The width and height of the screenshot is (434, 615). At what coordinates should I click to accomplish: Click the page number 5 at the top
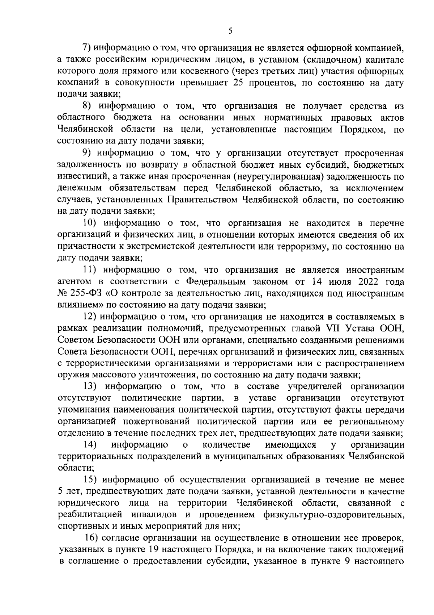pos(230,32)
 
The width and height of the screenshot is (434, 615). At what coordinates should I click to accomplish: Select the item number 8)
pos(88,106)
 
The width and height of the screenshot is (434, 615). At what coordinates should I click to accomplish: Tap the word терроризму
pos(307,247)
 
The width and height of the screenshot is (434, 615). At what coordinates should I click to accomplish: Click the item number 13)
pos(90,387)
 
